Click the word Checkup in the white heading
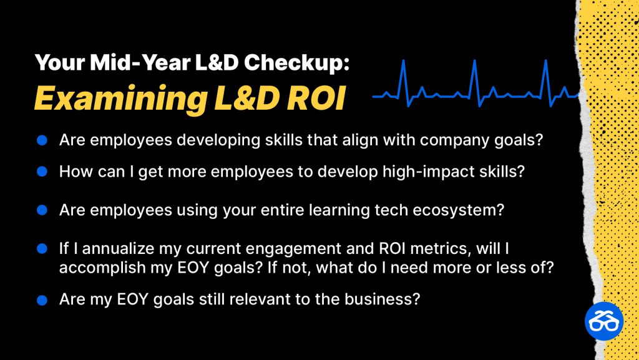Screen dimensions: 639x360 coord(296,63)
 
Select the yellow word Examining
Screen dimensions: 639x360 coord(120,99)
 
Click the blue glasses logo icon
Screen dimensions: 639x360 coord(604,321)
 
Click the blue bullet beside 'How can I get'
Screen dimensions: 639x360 coord(42,172)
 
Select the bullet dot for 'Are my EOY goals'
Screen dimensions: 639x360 coord(42,300)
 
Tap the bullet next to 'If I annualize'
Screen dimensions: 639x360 coord(42,248)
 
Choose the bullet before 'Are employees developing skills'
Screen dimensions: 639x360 coord(42,140)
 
